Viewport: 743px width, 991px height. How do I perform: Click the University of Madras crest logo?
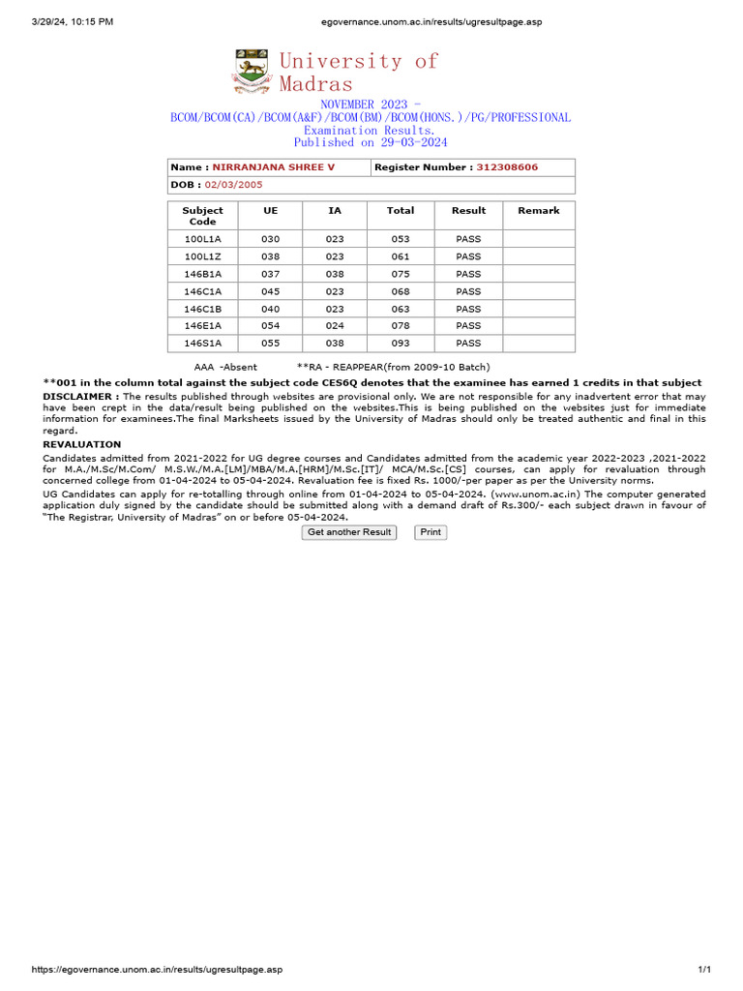(253, 72)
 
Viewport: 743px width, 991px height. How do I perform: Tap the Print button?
(431, 532)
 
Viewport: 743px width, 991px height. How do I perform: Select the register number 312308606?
(507, 167)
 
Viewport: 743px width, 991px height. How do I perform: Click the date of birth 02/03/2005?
(233, 184)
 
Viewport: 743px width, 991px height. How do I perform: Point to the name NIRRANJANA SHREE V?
(274, 167)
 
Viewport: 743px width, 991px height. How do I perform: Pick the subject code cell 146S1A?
(202, 344)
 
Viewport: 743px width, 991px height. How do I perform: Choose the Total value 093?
(400, 344)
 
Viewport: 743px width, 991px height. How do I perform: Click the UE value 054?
(270, 326)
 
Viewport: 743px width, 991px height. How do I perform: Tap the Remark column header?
(539, 210)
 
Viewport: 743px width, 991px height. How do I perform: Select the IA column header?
(335, 210)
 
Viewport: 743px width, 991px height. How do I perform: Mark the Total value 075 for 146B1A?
(400, 274)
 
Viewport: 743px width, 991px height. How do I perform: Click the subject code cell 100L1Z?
(202, 256)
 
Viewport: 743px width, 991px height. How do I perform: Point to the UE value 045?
(270, 291)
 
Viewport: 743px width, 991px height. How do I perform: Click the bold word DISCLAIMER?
(81, 397)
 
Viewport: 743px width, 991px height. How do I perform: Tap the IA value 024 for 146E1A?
(335, 326)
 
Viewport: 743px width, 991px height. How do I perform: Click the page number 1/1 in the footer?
(704, 970)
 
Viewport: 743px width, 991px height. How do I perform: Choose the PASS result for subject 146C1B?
(468, 309)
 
